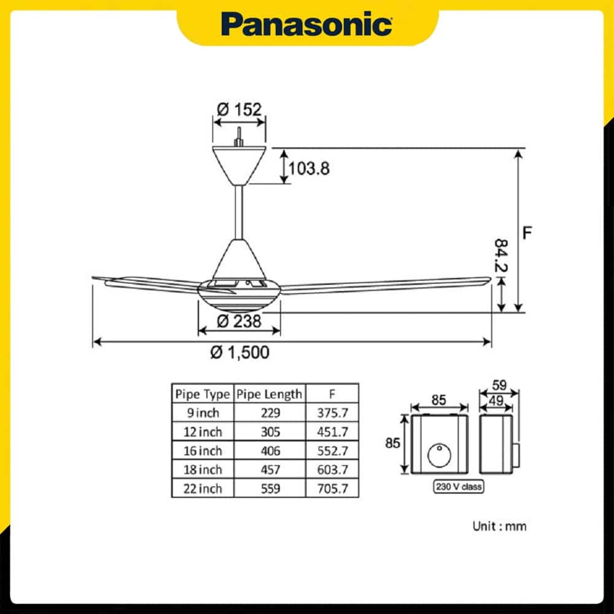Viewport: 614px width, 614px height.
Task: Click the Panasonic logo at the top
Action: (306, 25)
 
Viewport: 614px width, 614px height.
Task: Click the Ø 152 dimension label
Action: (239, 109)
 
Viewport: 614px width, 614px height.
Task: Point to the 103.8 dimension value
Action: (309, 168)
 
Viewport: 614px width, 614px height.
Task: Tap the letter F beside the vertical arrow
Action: (527, 233)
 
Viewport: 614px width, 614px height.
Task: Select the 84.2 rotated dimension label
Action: (501, 255)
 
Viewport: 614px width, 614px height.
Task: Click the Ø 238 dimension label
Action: (239, 322)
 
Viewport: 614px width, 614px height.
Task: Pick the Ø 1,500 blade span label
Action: (239, 352)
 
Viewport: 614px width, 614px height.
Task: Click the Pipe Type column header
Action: (203, 394)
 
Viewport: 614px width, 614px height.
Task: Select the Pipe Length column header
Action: (270, 394)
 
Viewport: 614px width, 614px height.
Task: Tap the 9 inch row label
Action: (203, 413)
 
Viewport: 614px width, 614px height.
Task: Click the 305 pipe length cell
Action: (270, 432)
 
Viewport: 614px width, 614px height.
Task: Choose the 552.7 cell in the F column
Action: (332, 451)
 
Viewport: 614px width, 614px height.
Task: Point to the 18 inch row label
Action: (203, 470)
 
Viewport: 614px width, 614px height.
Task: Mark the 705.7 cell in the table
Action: (332, 489)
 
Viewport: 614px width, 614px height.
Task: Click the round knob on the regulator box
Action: (440, 456)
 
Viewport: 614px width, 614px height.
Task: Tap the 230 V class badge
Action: (459, 487)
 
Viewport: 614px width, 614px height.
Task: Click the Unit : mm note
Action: (499, 526)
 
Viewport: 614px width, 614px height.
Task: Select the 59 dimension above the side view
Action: (499, 386)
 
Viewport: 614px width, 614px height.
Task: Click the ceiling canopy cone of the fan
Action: (239, 165)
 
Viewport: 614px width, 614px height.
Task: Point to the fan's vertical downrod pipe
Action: (239, 212)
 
